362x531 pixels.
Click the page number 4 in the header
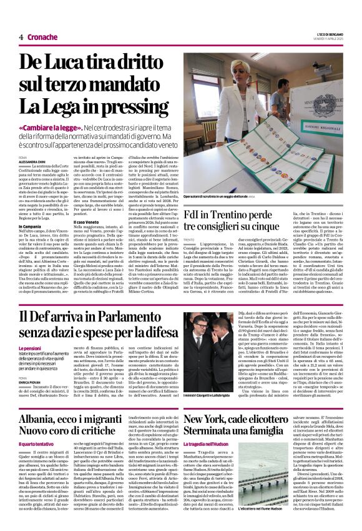click(21, 37)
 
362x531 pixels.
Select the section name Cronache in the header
click(42, 37)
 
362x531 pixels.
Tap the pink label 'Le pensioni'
click(29, 348)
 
